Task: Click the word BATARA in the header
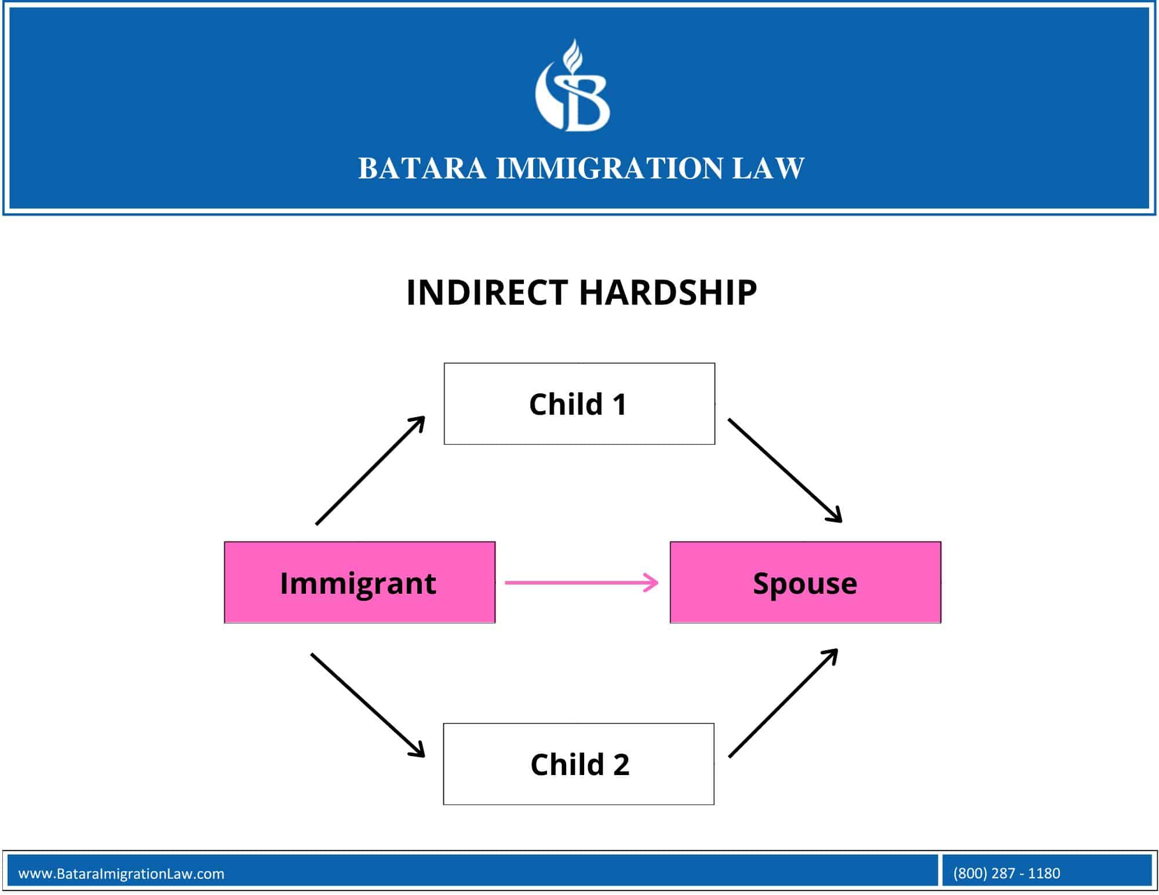click(x=422, y=169)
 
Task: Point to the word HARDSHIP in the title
click(x=668, y=292)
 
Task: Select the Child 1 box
click(x=579, y=404)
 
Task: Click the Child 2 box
click(x=578, y=764)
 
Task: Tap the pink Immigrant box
click(x=359, y=583)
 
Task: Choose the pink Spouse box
click(x=805, y=583)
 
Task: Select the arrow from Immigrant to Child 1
click(x=370, y=470)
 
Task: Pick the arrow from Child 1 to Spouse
click(x=785, y=470)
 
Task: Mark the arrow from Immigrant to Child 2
click(x=367, y=705)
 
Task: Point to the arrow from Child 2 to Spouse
click(x=783, y=703)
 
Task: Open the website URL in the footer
click(x=121, y=874)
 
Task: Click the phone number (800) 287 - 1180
click(x=1006, y=873)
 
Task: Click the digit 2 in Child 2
click(x=621, y=765)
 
